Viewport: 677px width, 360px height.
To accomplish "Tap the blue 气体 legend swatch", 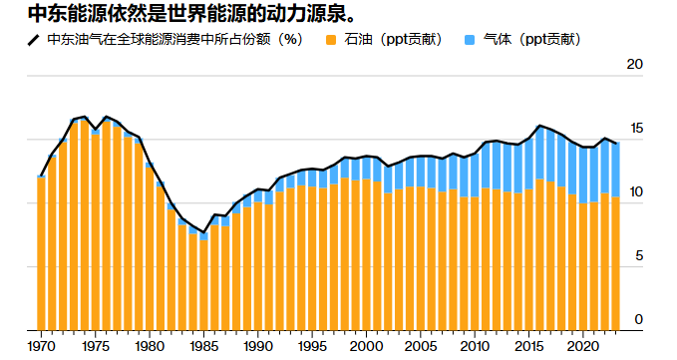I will tap(470, 40).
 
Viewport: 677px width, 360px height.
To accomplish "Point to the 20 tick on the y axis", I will tap(634, 65).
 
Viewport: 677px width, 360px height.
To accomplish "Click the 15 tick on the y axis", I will tap(634, 129).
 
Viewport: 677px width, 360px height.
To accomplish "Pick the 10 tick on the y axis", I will tap(634, 192).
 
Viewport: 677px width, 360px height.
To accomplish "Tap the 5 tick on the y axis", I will tap(638, 256).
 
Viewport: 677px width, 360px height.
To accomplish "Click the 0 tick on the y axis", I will tap(638, 320).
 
